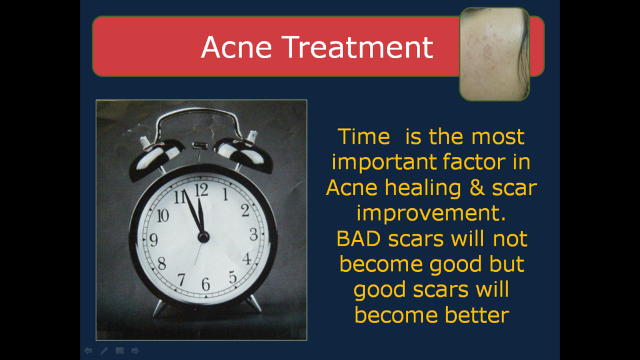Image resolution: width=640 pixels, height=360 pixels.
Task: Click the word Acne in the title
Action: [x=236, y=47]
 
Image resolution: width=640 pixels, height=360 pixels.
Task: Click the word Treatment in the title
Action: [x=357, y=47]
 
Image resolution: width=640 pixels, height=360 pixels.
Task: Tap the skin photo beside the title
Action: [x=494, y=54]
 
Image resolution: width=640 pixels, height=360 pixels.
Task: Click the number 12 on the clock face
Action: [x=202, y=190]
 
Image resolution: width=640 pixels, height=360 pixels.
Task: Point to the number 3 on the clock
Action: [x=254, y=234]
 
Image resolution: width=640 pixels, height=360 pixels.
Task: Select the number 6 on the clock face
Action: [x=206, y=284]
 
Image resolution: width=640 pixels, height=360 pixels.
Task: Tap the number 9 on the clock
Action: [x=154, y=239]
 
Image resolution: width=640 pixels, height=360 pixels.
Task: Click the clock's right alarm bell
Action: [x=244, y=154]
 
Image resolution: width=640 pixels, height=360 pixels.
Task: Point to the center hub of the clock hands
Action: [x=203, y=236]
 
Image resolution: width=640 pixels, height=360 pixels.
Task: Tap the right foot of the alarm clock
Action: [x=254, y=304]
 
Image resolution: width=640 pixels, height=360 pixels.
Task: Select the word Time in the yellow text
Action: [x=364, y=137]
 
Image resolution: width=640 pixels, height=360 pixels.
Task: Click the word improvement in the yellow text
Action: [x=431, y=213]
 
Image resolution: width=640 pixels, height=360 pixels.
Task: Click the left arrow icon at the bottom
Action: [x=88, y=351]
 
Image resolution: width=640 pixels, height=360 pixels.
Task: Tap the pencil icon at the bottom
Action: [x=104, y=351]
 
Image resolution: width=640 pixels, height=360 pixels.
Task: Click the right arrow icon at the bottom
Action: [x=135, y=351]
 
